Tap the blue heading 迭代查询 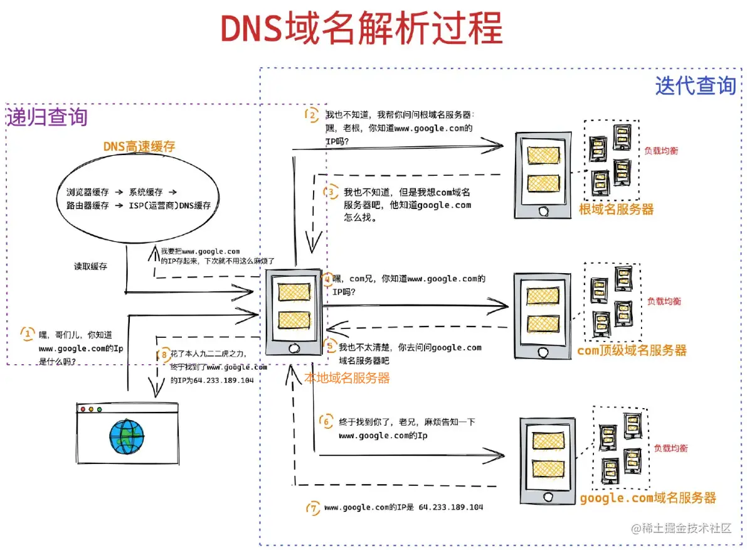pyautogui.click(x=695, y=85)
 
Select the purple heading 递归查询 pyautogui.click(x=47, y=117)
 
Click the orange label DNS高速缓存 pyautogui.click(x=139, y=146)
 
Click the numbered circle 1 pyautogui.click(x=28, y=333)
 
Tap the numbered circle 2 pyautogui.click(x=312, y=115)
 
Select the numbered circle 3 pyautogui.click(x=331, y=192)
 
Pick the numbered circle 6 pyautogui.click(x=326, y=422)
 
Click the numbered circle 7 pyautogui.click(x=313, y=507)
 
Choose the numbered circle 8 pyautogui.click(x=164, y=354)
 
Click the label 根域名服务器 pyautogui.click(x=616, y=210)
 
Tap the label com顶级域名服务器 pyautogui.click(x=632, y=350)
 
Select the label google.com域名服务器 pyautogui.click(x=647, y=498)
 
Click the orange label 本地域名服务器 pyautogui.click(x=347, y=378)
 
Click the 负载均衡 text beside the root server pyautogui.click(x=661, y=151)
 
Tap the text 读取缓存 pyautogui.click(x=90, y=266)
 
